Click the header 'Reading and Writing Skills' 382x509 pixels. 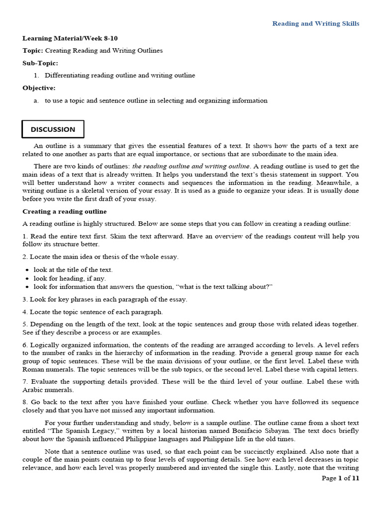[x=315, y=23]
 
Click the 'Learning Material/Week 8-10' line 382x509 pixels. [x=70, y=38]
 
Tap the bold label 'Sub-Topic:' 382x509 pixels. [x=40, y=63]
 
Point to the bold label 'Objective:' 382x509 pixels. [x=39, y=88]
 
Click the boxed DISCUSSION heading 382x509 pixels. [x=53, y=129]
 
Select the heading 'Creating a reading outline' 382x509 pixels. [x=64, y=211]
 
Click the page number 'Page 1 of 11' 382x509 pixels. [x=340, y=478]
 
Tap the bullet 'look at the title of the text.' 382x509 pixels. [x=73, y=269]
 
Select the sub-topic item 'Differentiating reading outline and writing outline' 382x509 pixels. [x=120, y=76]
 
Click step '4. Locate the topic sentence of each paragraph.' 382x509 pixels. [x=93, y=312]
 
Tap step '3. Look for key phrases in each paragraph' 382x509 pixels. [x=104, y=299]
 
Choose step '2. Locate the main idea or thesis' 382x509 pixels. [x=100, y=256]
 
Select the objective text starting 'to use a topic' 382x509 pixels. [x=156, y=100]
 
